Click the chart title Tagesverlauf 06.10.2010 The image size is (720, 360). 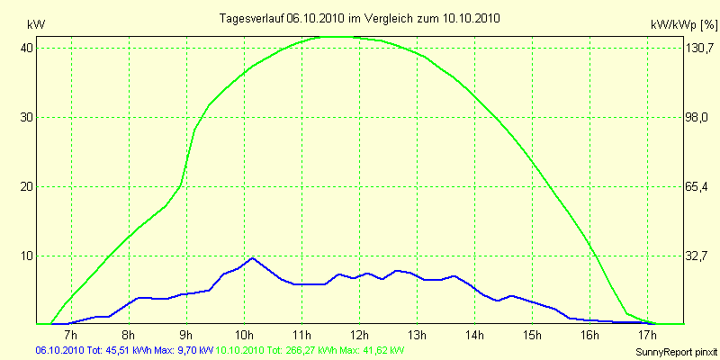click(x=360, y=18)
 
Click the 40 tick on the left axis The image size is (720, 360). click(x=27, y=48)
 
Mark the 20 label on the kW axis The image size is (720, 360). click(x=27, y=186)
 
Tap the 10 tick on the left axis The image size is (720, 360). click(x=27, y=256)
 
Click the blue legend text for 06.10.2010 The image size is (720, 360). click(x=123, y=349)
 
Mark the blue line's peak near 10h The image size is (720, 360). click(x=252, y=257)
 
